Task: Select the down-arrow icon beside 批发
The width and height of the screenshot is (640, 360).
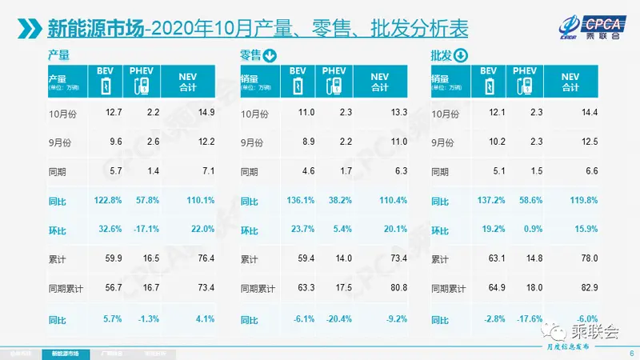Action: pyautogui.click(x=461, y=55)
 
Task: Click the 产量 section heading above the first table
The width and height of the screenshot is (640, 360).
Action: pyautogui.click(x=58, y=55)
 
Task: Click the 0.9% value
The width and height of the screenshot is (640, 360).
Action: pyautogui.click(x=529, y=229)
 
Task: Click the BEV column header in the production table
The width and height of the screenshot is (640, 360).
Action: pyautogui.click(x=108, y=78)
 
